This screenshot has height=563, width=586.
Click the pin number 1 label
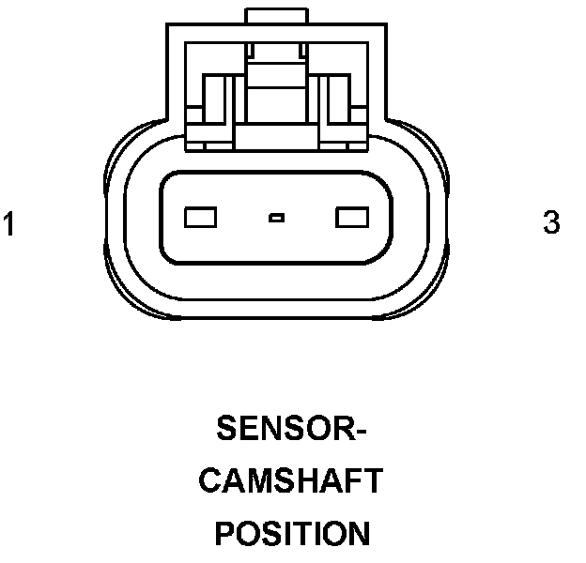9,225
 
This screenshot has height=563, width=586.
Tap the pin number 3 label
552,223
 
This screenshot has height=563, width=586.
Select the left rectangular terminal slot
202,218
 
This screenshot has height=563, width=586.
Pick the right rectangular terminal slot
351,218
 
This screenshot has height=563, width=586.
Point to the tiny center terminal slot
275,219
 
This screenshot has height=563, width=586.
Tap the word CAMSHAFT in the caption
292,481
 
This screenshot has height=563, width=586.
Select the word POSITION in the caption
292,534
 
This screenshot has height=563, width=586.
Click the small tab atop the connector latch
276,16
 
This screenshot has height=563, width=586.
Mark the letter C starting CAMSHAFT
213,481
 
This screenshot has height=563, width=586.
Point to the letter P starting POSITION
224,534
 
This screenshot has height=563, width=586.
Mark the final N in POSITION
358,534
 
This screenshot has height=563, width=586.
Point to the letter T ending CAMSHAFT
373,481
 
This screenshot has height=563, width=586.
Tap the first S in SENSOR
227,429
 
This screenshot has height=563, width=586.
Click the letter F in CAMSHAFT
350,481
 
